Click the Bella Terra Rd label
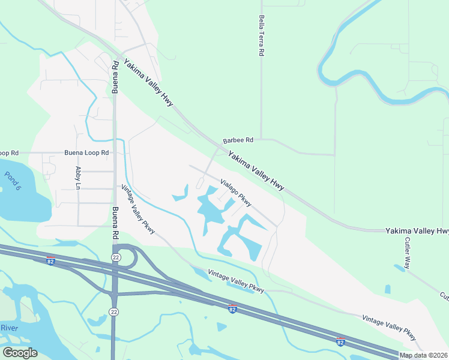pyautogui.click(x=261, y=36)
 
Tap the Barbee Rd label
pyautogui.click(x=238, y=140)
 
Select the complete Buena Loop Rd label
pyautogui.click(x=86, y=153)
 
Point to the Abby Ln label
pyautogui.click(x=78, y=178)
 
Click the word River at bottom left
pyautogui.click(x=9, y=328)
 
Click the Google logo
pyautogui.click(x=20, y=353)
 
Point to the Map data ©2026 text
pyautogui.click(x=423, y=355)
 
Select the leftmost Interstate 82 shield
pyautogui.click(x=51, y=260)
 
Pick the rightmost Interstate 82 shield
pyautogui.click(x=340, y=341)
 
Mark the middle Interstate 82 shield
pyautogui.click(x=232, y=308)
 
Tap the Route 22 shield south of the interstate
pyautogui.click(x=113, y=311)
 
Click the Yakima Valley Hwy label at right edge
pyautogui.click(x=417, y=231)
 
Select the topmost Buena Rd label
pyautogui.click(x=115, y=77)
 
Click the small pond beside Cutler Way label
pyautogui.click(x=399, y=268)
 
